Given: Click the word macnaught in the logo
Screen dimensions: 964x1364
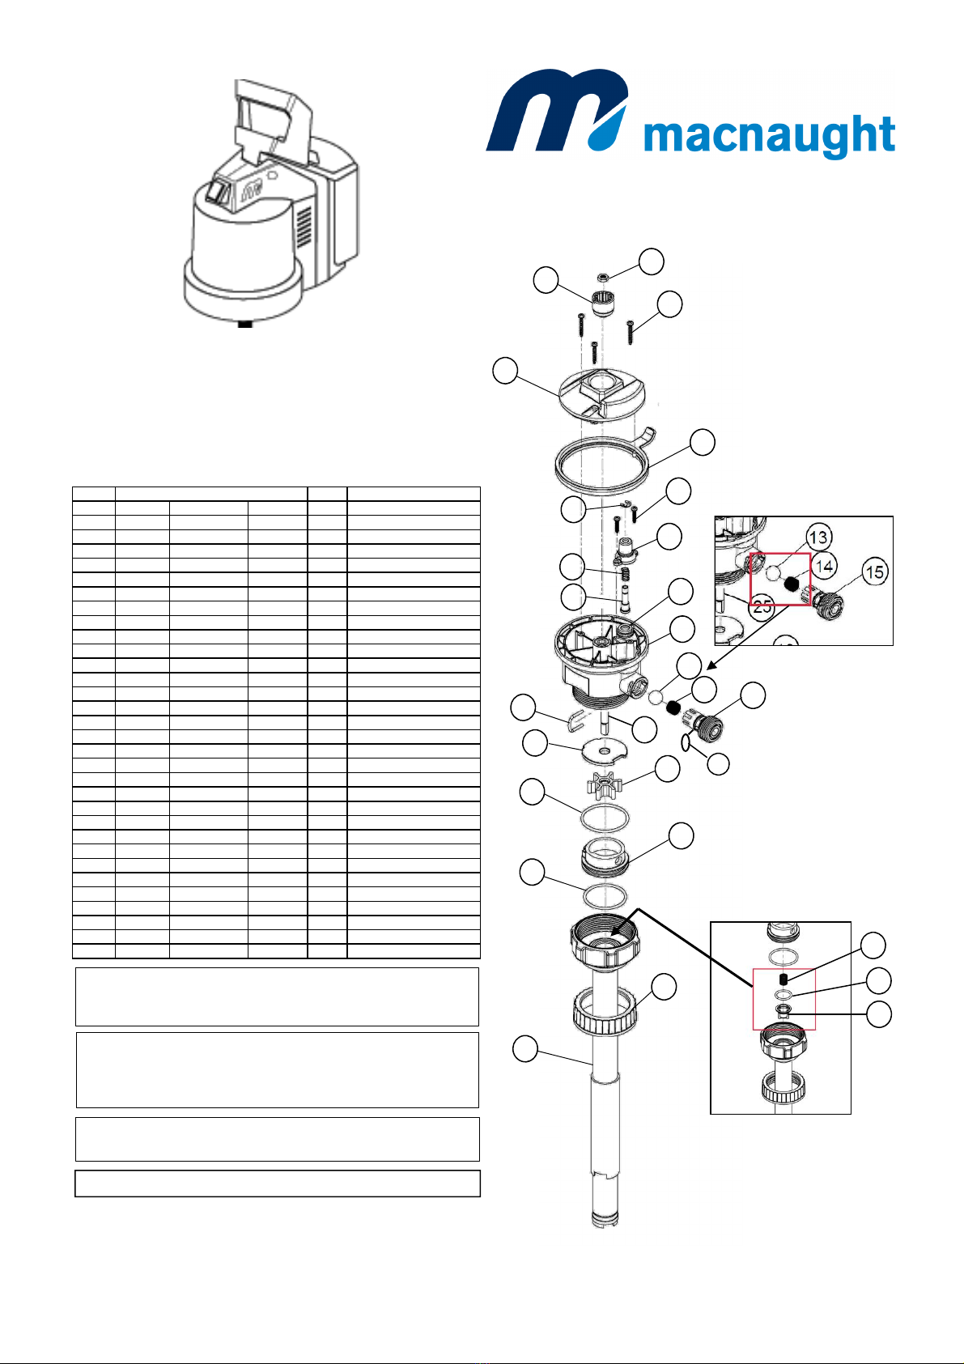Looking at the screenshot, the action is [769, 136].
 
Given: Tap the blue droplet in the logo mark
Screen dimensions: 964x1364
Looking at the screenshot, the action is [606, 130].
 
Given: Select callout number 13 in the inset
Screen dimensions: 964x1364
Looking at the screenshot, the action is [818, 538].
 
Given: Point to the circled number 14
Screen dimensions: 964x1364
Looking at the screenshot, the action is [824, 567].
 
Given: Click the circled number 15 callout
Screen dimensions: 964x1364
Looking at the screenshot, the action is [874, 572].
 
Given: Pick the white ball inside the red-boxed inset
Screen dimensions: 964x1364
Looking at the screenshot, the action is [772, 572].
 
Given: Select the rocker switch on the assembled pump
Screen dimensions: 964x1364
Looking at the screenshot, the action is [219, 192].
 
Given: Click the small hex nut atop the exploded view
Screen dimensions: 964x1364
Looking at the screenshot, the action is [603, 278].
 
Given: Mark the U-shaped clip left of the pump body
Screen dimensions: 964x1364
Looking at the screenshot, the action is [576, 719].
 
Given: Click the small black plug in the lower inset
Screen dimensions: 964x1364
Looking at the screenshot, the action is [784, 979].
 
